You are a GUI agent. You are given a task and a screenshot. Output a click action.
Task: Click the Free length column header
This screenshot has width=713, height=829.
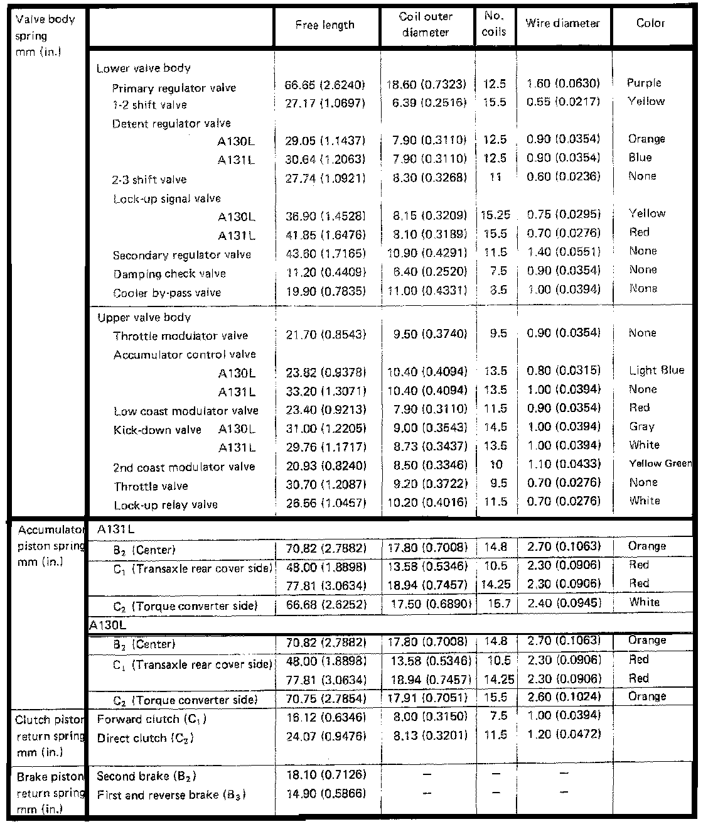coord(324,25)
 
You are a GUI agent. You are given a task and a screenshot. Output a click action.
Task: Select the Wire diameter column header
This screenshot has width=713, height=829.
coord(562,23)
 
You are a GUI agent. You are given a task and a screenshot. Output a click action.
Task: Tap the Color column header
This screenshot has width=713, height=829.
coord(650,23)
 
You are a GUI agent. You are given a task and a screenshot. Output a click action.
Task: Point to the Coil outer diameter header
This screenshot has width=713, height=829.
coord(426,24)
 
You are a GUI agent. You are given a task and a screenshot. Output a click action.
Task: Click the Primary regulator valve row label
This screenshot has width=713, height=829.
coord(174,89)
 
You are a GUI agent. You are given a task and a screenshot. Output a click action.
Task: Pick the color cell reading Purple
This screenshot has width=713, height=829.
coord(644,83)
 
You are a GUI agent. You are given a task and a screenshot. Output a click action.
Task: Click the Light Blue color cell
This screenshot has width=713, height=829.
coord(657,371)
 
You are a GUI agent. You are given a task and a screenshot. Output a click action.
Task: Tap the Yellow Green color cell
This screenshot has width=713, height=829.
coord(660,463)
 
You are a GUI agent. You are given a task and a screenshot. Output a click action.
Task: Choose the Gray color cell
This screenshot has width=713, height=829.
coord(641,426)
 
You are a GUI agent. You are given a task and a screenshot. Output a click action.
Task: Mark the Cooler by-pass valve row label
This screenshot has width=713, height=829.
coord(167,293)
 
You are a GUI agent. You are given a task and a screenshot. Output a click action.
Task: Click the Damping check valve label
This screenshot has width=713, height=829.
coord(169,274)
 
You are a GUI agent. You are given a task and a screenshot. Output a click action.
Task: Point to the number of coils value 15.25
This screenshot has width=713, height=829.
coord(495,215)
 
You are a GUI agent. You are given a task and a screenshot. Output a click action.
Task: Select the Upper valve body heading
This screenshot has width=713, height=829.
coord(144,318)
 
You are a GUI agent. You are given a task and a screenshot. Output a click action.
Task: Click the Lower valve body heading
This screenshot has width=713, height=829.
coord(144,68)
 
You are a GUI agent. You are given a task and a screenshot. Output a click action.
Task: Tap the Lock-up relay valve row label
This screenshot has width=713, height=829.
coord(166,505)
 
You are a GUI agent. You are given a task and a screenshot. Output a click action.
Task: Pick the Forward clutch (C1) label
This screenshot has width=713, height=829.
coord(152,719)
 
